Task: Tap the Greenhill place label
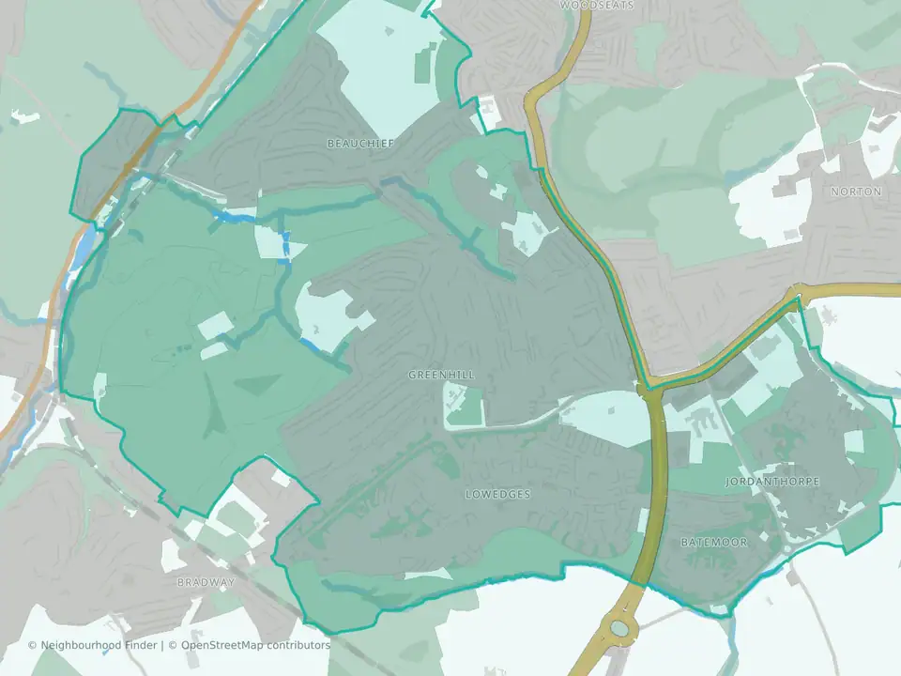coord(441,375)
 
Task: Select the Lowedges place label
coord(497,494)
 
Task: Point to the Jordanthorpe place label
coord(772,482)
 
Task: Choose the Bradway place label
coord(206,582)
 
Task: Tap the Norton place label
coord(856,192)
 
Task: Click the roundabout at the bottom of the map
coord(619,627)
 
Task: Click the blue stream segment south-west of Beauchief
coord(235,217)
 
